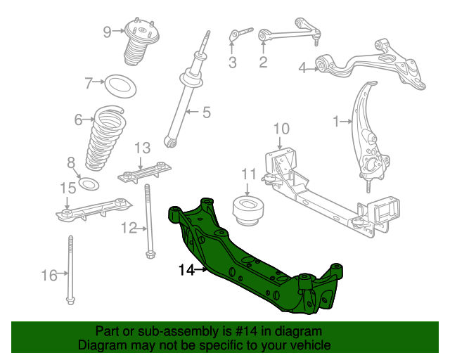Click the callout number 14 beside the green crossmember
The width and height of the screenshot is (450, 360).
tap(186, 270)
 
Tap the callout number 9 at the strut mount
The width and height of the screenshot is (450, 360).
tap(107, 32)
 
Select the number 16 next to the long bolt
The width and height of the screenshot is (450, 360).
tap(49, 276)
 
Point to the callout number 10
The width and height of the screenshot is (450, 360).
tap(281, 129)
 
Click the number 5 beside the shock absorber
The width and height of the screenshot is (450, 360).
tap(207, 112)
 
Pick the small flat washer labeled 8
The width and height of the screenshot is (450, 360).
tap(89, 184)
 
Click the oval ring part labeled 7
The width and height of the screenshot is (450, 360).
tap(120, 86)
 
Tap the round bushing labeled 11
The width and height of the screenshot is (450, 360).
tap(248, 210)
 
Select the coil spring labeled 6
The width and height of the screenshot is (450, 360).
tap(105, 139)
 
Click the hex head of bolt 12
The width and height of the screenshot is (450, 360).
tap(150, 254)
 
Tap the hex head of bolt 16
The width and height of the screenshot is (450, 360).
tap(70, 300)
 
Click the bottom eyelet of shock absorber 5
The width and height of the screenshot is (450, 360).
tap(170, 142)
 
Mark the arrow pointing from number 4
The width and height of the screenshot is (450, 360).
tap(312, 69)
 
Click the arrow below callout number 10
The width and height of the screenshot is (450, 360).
tap(281, 143)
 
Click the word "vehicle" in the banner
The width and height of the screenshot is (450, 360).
tap(312, 345)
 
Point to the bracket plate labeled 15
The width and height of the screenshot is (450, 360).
tap(94, 210)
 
